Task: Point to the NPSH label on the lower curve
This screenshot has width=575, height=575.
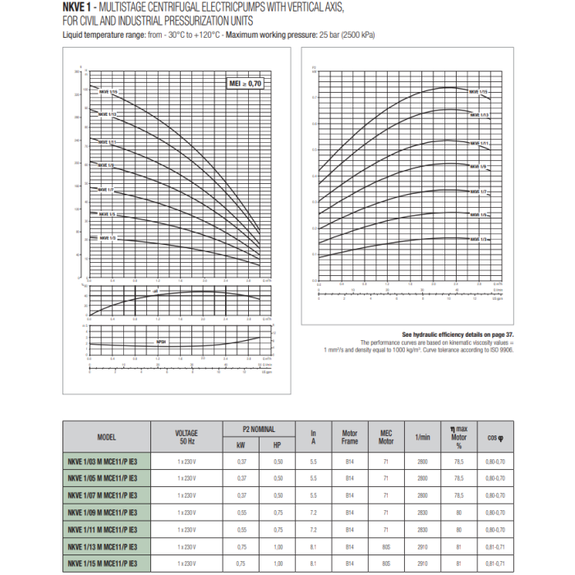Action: pos(162,340)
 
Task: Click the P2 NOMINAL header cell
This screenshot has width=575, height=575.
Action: pos(258,429)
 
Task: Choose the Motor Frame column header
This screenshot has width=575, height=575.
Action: pos(349,437)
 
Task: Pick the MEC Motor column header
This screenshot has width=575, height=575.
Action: pos(387,437)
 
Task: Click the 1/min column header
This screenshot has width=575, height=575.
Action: pos(423,437)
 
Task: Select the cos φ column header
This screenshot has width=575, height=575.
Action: pos(495,438)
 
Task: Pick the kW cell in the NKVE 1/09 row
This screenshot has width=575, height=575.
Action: pos(241,513)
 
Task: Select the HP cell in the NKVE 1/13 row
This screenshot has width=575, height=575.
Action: pos(278,547)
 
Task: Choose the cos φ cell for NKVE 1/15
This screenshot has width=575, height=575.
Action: pos(495,564)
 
